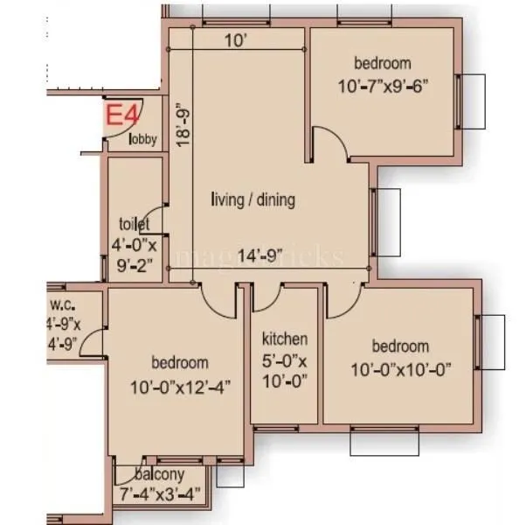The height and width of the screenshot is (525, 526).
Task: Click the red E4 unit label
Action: click(x=120, y=115)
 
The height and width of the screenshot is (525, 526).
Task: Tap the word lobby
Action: click(x=143, y=138)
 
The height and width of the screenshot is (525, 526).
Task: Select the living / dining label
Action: click(x=253, y=199)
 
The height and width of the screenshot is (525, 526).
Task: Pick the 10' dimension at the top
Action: click(x=232, y=40)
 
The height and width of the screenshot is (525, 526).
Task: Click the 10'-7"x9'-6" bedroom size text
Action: click(x=382, y=87)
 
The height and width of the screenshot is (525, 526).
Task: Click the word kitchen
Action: click(x=285, y=339)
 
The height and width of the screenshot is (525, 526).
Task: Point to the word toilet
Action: click(x=135, y=224)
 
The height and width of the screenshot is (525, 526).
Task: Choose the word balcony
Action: click(x=159, y=476)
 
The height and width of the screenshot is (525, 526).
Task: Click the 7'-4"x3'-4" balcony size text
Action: click(x=159, y=493)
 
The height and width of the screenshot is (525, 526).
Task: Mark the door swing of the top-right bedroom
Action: click(x=329, y=144)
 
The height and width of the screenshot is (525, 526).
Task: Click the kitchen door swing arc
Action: click(x=266, y=298)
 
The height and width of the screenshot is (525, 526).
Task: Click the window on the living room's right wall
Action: click(x=373, y=222)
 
